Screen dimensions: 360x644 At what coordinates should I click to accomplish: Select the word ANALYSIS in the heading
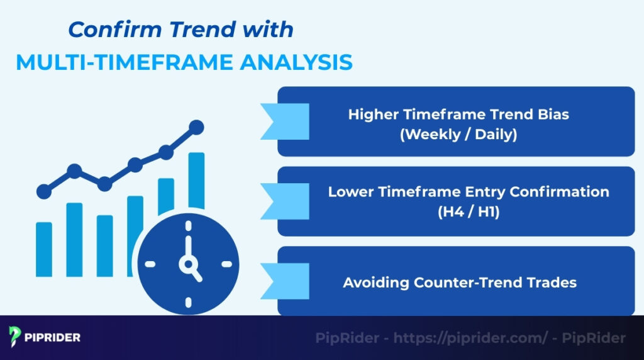click(x=301, y=62)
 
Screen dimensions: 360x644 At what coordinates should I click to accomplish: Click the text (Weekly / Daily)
click(x=458, y=134)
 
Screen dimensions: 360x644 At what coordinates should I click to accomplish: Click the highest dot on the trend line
click(x=196, y=127)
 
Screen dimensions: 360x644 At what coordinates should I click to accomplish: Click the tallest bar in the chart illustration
click(x=196, y=180)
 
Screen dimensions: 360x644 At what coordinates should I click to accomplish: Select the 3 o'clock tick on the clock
click(x=225, y=264)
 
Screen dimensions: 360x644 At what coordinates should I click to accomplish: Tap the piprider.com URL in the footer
click(x=470, y=338)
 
